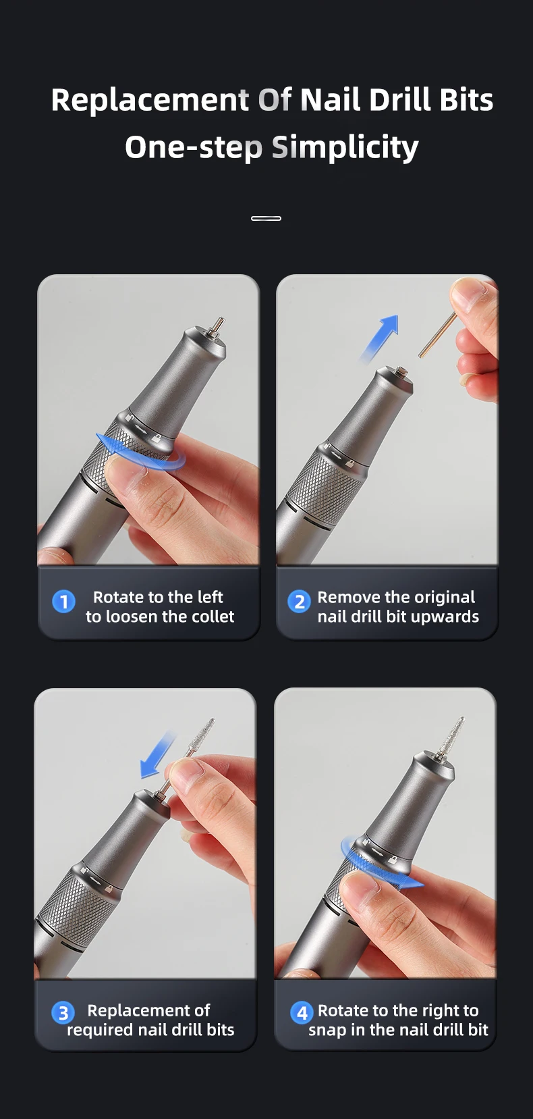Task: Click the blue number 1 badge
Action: coord(63,602)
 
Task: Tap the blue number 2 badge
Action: coord(299,602)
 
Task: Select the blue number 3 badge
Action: coord(63,1013)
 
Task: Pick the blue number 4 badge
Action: coord(302,1013)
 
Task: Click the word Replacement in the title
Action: coord(150,101)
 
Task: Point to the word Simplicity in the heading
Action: coord(345,148)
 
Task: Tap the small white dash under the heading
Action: coord(266,218)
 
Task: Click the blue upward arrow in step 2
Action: coord(381,336)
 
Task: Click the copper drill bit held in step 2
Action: coord(437,334)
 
